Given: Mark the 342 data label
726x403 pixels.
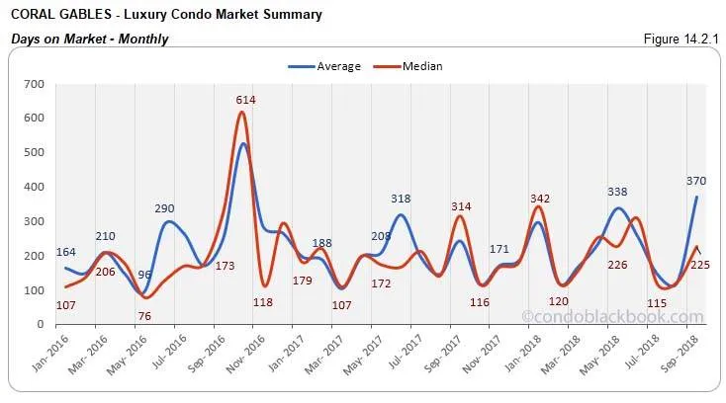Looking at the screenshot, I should (x=538, y=189).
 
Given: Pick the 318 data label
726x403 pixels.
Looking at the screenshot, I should (x=400, y=199).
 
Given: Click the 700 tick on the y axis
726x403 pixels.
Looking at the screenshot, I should (x=36, y=85).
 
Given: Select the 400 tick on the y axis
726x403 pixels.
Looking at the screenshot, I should (x=36, y=188).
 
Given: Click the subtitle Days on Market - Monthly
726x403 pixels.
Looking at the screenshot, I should (x=90, y=39).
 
